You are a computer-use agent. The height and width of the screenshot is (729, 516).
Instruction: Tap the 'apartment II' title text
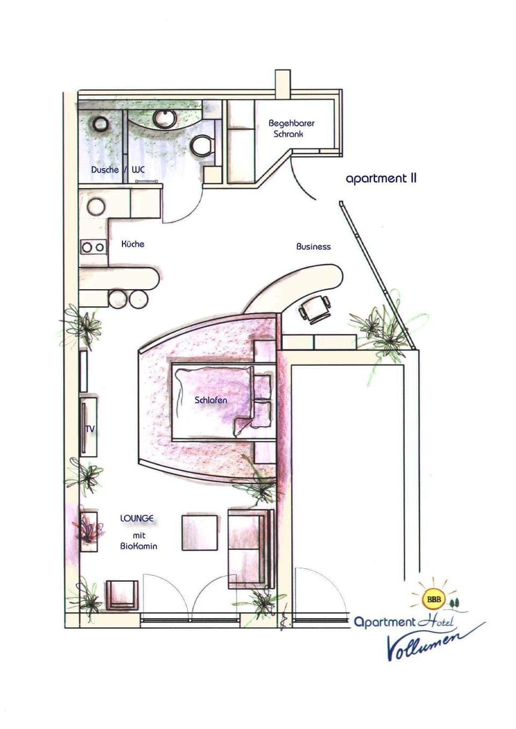(x=381, y=179)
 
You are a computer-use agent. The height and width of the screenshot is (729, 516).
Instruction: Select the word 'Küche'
(x=133, y=244)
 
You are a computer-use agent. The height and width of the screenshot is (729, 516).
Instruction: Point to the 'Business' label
(x=313, y=247)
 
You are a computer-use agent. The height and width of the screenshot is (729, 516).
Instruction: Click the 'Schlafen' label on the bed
(x=211, y=400)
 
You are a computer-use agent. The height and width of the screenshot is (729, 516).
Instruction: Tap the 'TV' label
(x=90, y=429)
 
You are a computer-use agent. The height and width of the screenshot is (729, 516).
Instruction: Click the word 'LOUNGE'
(x=137, y=518)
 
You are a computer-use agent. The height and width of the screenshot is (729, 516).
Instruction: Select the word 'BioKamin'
(x=139, y=546)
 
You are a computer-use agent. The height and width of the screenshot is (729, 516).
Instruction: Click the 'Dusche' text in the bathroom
(x=105, y=169)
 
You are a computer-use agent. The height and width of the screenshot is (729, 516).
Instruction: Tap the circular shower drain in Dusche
(x=101, y=125)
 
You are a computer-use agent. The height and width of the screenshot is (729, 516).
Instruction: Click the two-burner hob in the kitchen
(x=94, y=247)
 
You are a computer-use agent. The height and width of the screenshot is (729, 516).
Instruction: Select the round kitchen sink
(x=96, y=206)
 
